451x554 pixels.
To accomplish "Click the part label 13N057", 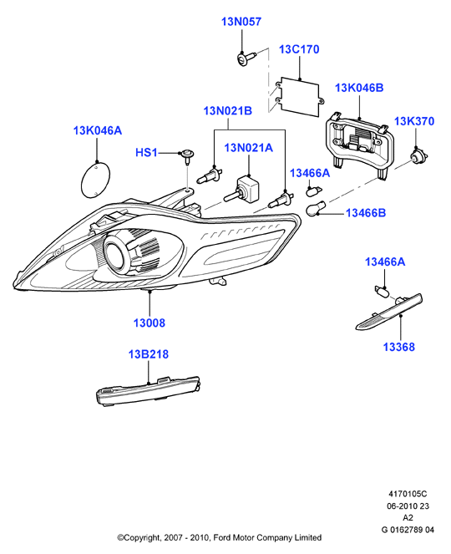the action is coord(241,22).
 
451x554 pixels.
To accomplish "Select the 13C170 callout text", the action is coord(299,49).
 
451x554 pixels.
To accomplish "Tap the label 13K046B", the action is coord(359,88).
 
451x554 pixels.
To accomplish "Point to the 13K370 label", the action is coord(414,121).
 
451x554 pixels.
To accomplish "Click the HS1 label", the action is coord(146,153).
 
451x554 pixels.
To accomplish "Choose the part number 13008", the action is coord(149,323).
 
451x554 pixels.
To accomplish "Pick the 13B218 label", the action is coord(149,354).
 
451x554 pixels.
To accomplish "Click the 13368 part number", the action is coord(399,347).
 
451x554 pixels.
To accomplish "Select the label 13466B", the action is coord(366,213).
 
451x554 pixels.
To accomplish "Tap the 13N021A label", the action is coord(249,148).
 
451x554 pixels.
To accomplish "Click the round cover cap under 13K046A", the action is coord(95,180).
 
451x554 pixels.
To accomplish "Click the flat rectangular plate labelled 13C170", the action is coord(299,96).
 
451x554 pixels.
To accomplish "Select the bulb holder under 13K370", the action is coord(419,155).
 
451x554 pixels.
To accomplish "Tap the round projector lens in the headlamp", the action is coord(115,252).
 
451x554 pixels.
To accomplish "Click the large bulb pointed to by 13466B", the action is coord(317,208).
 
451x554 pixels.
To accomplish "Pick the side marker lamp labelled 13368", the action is coord(389,312).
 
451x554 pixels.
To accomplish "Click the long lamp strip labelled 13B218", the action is coord(149,391).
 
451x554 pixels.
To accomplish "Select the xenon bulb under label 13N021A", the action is coord(241,190).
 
